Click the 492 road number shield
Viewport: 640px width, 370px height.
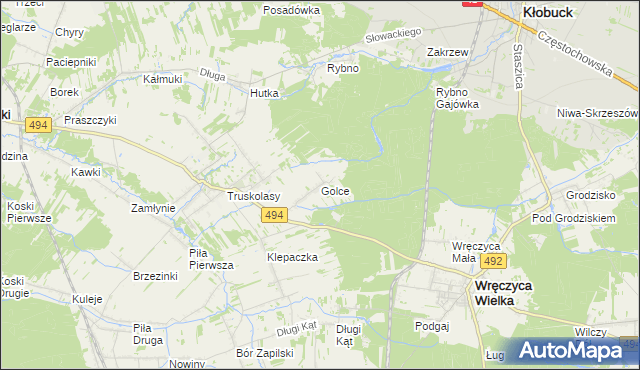click(491, 261)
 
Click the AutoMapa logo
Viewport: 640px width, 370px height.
click(576, 350)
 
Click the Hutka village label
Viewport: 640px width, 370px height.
click(264, 93)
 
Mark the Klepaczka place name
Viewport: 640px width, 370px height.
click(291, 257)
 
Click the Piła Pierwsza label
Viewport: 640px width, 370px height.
click(211, 259)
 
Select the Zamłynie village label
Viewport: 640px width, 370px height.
click(154, 208)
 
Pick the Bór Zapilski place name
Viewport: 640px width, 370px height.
click(263, 353)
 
